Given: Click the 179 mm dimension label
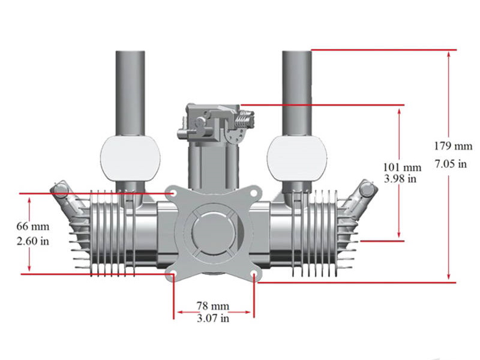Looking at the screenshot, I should [x=452, y=146].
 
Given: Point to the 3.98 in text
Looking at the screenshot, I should [x=401, y=178].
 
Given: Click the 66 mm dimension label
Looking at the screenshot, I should [x=34, y=227].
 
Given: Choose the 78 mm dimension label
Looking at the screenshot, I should [x=213, y=305].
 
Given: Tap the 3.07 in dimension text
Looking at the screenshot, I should [x=213, y=318].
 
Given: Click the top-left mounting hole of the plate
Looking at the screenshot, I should [x=173, y=194].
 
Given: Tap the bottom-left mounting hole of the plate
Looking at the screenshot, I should [x=173, y=275].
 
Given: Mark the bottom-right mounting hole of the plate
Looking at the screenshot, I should [x=254, y=275].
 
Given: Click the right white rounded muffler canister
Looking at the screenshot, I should [x=297, y=158].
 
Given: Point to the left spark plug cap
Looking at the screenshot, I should [x=59, y=191].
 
